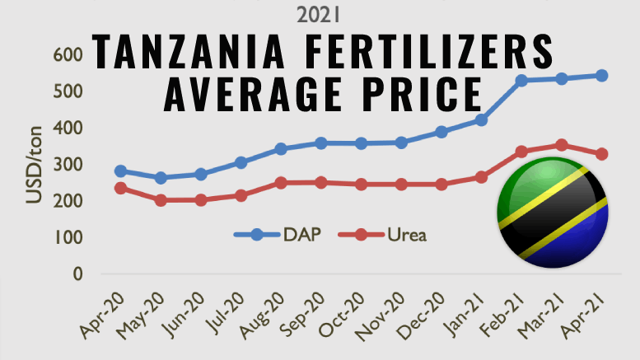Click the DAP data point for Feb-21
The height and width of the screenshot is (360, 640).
pyautogui.click(x=521, y=81)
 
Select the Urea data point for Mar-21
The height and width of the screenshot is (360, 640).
pyautogui.click(x=562, y=145)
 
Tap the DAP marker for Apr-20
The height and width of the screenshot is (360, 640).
pyautogui.click(x=121, y=171)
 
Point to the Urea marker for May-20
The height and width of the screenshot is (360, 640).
pyautogui.click(x=161, y=200)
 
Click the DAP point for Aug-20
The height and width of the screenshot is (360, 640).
pyautogui.click(x=281, y=149)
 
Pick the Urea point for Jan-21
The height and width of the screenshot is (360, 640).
pyautogui.click(x=482, y=177)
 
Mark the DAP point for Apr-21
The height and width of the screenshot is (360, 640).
pyautogui.click(x=601, y=76)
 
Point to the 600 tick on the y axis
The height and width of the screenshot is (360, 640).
pyautogui.click(x=69, y=54)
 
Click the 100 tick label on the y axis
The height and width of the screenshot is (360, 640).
pyautogui.click(x=69, y=237)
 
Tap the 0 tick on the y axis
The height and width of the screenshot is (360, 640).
pyautogui.click(x=77, y=274)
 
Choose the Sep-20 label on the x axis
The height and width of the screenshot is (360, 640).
pyautogui.click(x=300, y=316)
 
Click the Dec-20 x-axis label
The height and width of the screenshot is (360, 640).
pyautogui.click(x=420, y=316)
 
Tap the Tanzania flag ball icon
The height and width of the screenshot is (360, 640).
pyautogui.click(x=553, y=215)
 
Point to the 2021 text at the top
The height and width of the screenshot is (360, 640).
pyautogui.click(x=319, y=13)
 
